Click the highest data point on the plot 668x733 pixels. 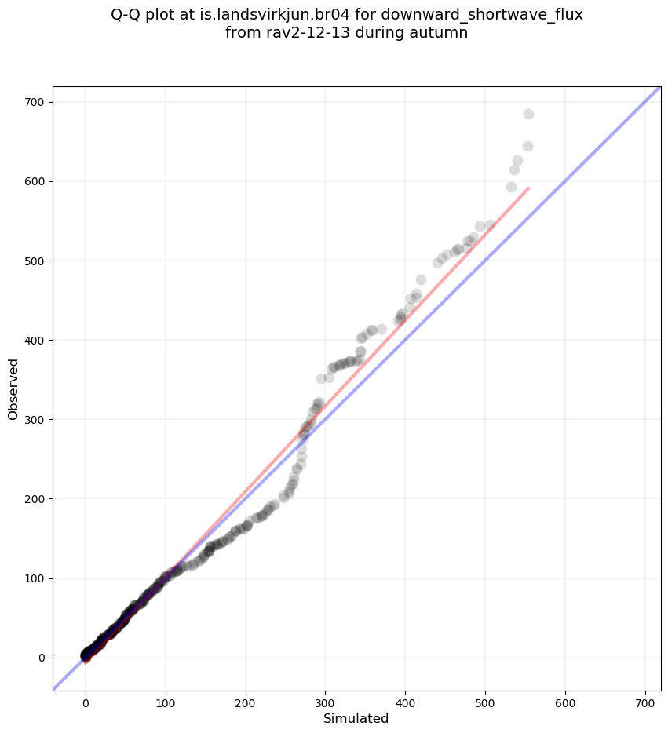[528, 114]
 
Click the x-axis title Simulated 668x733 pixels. [356, 719]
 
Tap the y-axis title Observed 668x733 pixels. [13, 388]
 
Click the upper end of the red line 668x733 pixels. [528, 188]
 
